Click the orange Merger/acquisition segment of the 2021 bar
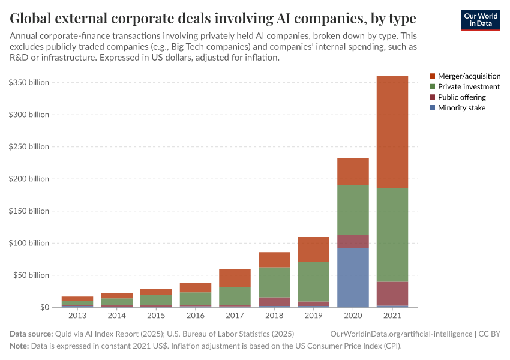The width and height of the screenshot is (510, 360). pos(392,132)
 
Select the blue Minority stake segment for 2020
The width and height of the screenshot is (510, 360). pos(353,277)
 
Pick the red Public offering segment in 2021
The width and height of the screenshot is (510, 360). pos(392,293)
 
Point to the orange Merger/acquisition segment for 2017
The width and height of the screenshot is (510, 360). pos(236,278)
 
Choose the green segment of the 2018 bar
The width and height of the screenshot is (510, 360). pos(275,282)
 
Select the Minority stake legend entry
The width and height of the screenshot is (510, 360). pos(461,108)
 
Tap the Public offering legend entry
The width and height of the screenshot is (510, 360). pos(461,97)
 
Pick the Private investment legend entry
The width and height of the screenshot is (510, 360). pos(469,87)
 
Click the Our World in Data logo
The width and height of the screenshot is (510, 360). pos(481,20)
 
